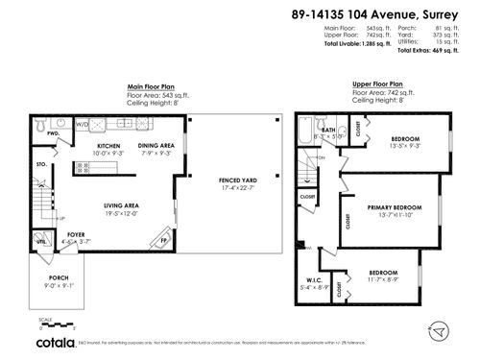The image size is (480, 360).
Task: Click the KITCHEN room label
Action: click(x=108, y=146)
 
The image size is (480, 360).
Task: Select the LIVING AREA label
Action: click(x=123, y=205)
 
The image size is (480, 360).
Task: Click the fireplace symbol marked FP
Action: click(x=163, y=240)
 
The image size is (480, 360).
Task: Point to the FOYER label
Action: click(x=76, y=232)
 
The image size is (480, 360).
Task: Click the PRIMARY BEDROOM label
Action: click(x=395, y=207)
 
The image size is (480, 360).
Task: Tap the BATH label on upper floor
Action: click(x=328, y=129)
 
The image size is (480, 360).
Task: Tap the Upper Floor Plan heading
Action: click(x=377, y=84)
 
